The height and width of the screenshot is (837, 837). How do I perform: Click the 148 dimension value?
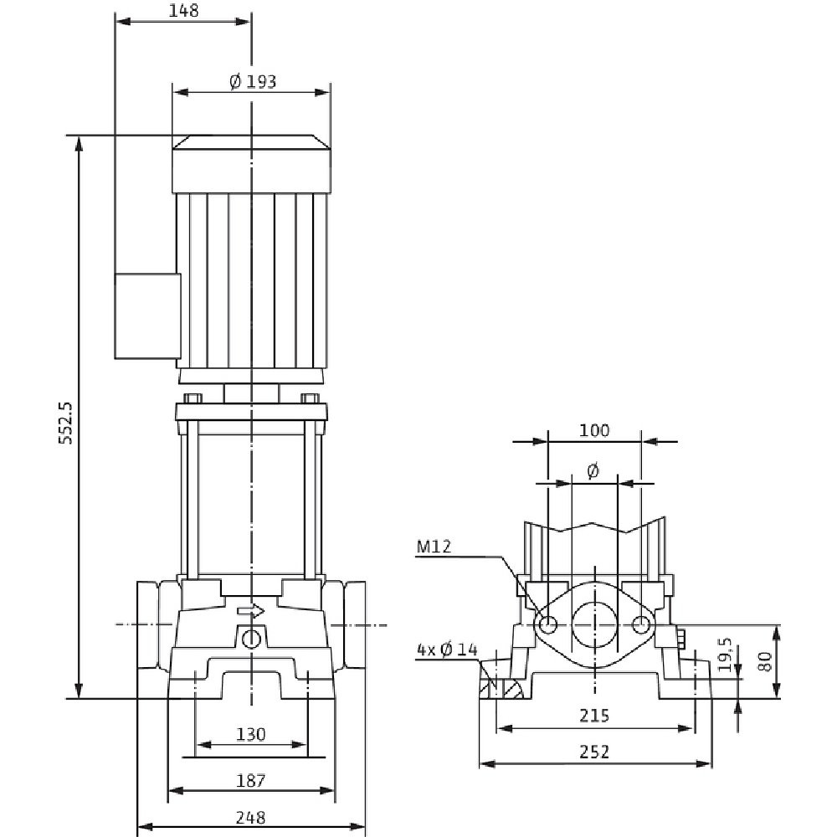[x=183, y=10]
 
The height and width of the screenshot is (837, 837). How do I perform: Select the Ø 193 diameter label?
[x=252, y=81]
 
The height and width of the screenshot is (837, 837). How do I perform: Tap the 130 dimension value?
[x=250, y=735]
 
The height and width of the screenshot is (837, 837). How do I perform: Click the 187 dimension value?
[x=250, y=781]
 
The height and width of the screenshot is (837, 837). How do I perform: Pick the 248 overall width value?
[x=250, y=817]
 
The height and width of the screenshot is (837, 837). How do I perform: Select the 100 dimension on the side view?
[x=593, y=431]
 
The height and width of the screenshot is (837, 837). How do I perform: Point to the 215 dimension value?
[x=595, y=716]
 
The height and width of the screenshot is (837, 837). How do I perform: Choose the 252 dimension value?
[x=595, y=752]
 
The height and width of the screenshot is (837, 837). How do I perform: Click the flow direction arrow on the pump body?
[x=250, y=611]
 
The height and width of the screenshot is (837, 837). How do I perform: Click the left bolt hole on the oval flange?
[x=548, y=624]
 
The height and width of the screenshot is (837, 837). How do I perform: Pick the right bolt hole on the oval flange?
[x=641, y=624]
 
